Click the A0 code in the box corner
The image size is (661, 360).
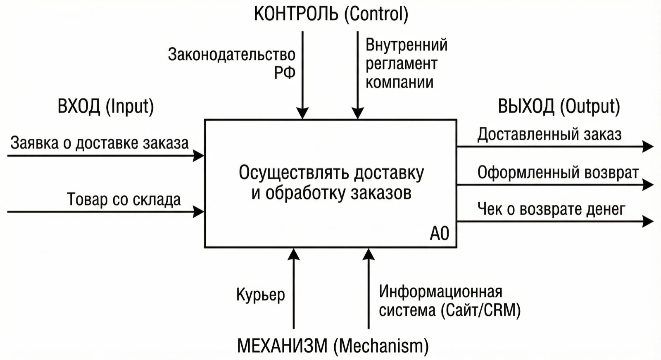tap(440, 234)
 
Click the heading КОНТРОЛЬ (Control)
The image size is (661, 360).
tap(331, 14)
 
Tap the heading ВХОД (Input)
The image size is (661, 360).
tap(106, 107)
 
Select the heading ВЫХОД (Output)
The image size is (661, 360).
tap(559, 107)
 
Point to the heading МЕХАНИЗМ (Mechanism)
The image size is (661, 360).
tap(333, 346)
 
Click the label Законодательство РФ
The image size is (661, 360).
tap(232, 64)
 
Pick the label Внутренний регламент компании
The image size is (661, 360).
tap(407, 64)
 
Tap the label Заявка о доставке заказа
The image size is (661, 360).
tap(100, 143)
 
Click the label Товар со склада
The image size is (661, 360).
tap(124, 199)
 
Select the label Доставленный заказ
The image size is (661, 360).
tap(549, 135)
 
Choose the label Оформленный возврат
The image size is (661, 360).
tap(558, 173)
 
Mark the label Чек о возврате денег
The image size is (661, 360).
tap(551, 209)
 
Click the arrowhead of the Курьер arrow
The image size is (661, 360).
tap(294, 254)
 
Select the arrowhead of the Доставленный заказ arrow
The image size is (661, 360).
tap(648, 147)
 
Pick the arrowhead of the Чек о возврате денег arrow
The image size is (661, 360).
tap(648, 221)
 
